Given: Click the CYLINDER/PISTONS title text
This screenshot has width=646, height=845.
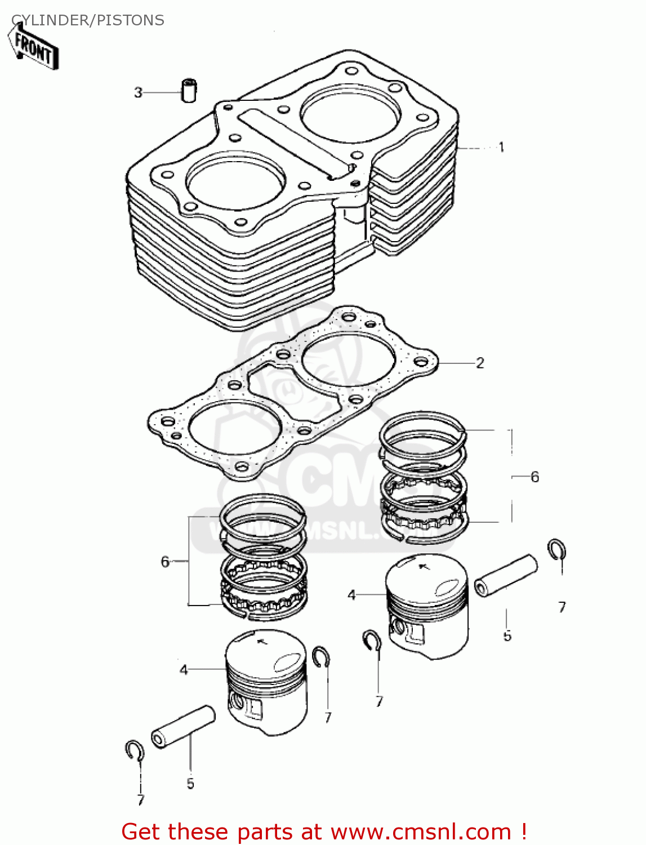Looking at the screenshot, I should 88,20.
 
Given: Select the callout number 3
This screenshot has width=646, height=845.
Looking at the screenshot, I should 138,92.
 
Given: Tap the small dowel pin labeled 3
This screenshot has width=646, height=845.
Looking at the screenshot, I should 189,90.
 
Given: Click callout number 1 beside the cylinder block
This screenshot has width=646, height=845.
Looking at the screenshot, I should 501,147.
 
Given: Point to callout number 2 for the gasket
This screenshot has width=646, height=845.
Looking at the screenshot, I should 480,363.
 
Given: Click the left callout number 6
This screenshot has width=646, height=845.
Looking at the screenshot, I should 165,562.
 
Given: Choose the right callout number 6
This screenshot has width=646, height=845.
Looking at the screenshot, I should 534,477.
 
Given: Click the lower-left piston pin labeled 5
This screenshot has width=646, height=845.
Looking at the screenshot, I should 182,727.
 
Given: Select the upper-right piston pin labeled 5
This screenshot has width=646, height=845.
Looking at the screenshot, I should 506,575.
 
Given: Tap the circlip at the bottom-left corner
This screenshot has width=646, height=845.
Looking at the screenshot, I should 134,750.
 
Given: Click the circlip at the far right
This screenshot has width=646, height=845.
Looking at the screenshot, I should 557,549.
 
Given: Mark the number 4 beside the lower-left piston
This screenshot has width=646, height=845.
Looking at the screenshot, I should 184,670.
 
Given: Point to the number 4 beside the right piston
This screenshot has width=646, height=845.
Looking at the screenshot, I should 351,595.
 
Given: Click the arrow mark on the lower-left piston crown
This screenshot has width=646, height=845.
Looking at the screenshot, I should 261,641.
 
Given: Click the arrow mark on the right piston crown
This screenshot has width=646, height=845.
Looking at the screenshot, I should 424,565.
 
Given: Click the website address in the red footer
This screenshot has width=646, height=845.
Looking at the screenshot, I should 420,831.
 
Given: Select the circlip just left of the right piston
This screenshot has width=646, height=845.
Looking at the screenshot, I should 372,640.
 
